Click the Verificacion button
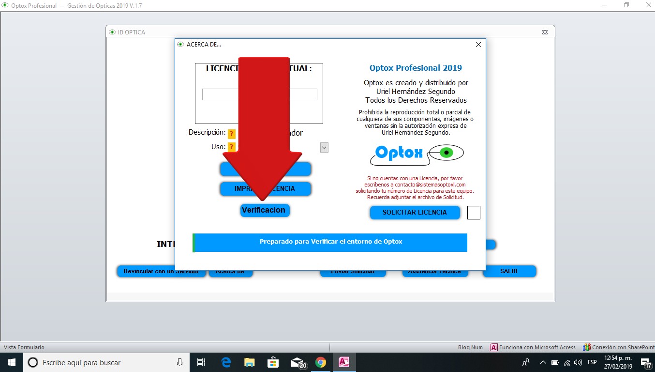(265, 210)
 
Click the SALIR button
(509, 271)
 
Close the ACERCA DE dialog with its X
(478, 45)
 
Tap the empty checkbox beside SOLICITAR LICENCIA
(474, 213)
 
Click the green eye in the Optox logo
(447, 153)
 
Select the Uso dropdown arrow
(324, 147)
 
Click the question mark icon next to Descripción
(232, 134)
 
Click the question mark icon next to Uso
(232, 147)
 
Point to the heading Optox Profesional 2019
(416, 68)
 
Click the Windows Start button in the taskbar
(11, 362)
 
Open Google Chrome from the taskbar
(320, 362)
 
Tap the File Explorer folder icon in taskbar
(249, 362)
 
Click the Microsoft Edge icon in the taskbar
(226, 362)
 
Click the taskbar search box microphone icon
(179, 362)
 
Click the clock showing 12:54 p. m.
(618, 362)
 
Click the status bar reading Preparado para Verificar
(330, 242)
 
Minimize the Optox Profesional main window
(605, 5)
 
